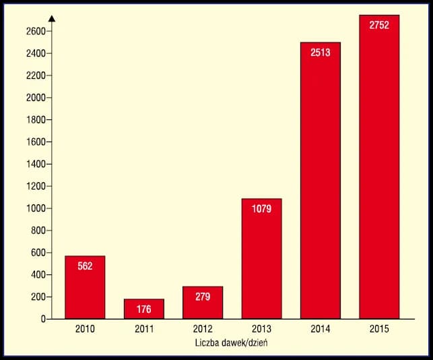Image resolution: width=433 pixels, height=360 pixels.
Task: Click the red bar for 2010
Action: [85, 287]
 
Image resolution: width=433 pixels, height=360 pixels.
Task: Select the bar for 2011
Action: [143, 309]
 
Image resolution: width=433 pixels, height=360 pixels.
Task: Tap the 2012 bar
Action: [203, 303]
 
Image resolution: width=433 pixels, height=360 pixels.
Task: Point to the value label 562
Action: [85, 266]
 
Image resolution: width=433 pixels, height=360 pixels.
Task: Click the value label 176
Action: [143, 310]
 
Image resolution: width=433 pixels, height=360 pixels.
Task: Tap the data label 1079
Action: [261, 209]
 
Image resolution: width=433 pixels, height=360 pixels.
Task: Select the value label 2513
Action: [320, 53]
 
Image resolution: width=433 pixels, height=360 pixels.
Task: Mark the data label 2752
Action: [379, 26]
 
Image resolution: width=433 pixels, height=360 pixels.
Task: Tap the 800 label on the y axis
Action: [38, 231]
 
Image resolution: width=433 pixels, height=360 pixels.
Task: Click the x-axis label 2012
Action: [203, 330]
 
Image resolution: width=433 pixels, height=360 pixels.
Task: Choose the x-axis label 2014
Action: [320, 330]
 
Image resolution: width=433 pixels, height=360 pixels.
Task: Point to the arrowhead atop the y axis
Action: [52, 16]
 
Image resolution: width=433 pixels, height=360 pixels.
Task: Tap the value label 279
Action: [203, 296]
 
